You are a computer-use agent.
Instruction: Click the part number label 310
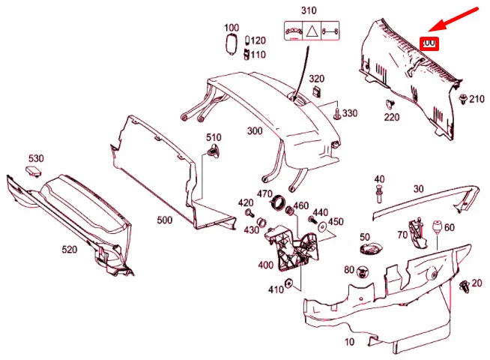[x=309, y=10]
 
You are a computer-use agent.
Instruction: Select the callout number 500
[x=165, y=221]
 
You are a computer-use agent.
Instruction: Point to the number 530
[x=37, y=158]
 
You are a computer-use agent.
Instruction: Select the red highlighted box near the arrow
[x=430, y=43]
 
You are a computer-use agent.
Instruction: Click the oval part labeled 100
[x=232, y=44]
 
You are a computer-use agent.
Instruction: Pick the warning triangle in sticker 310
[x=309, y=32]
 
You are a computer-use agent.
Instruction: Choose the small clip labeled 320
[x=317, y=92]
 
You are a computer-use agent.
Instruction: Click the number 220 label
[x=393, y=116]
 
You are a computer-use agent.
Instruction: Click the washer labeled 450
[x=321, y=226]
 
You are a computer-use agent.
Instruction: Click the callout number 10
[x=348, y=343]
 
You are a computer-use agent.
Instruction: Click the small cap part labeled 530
[x=31, y=171]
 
